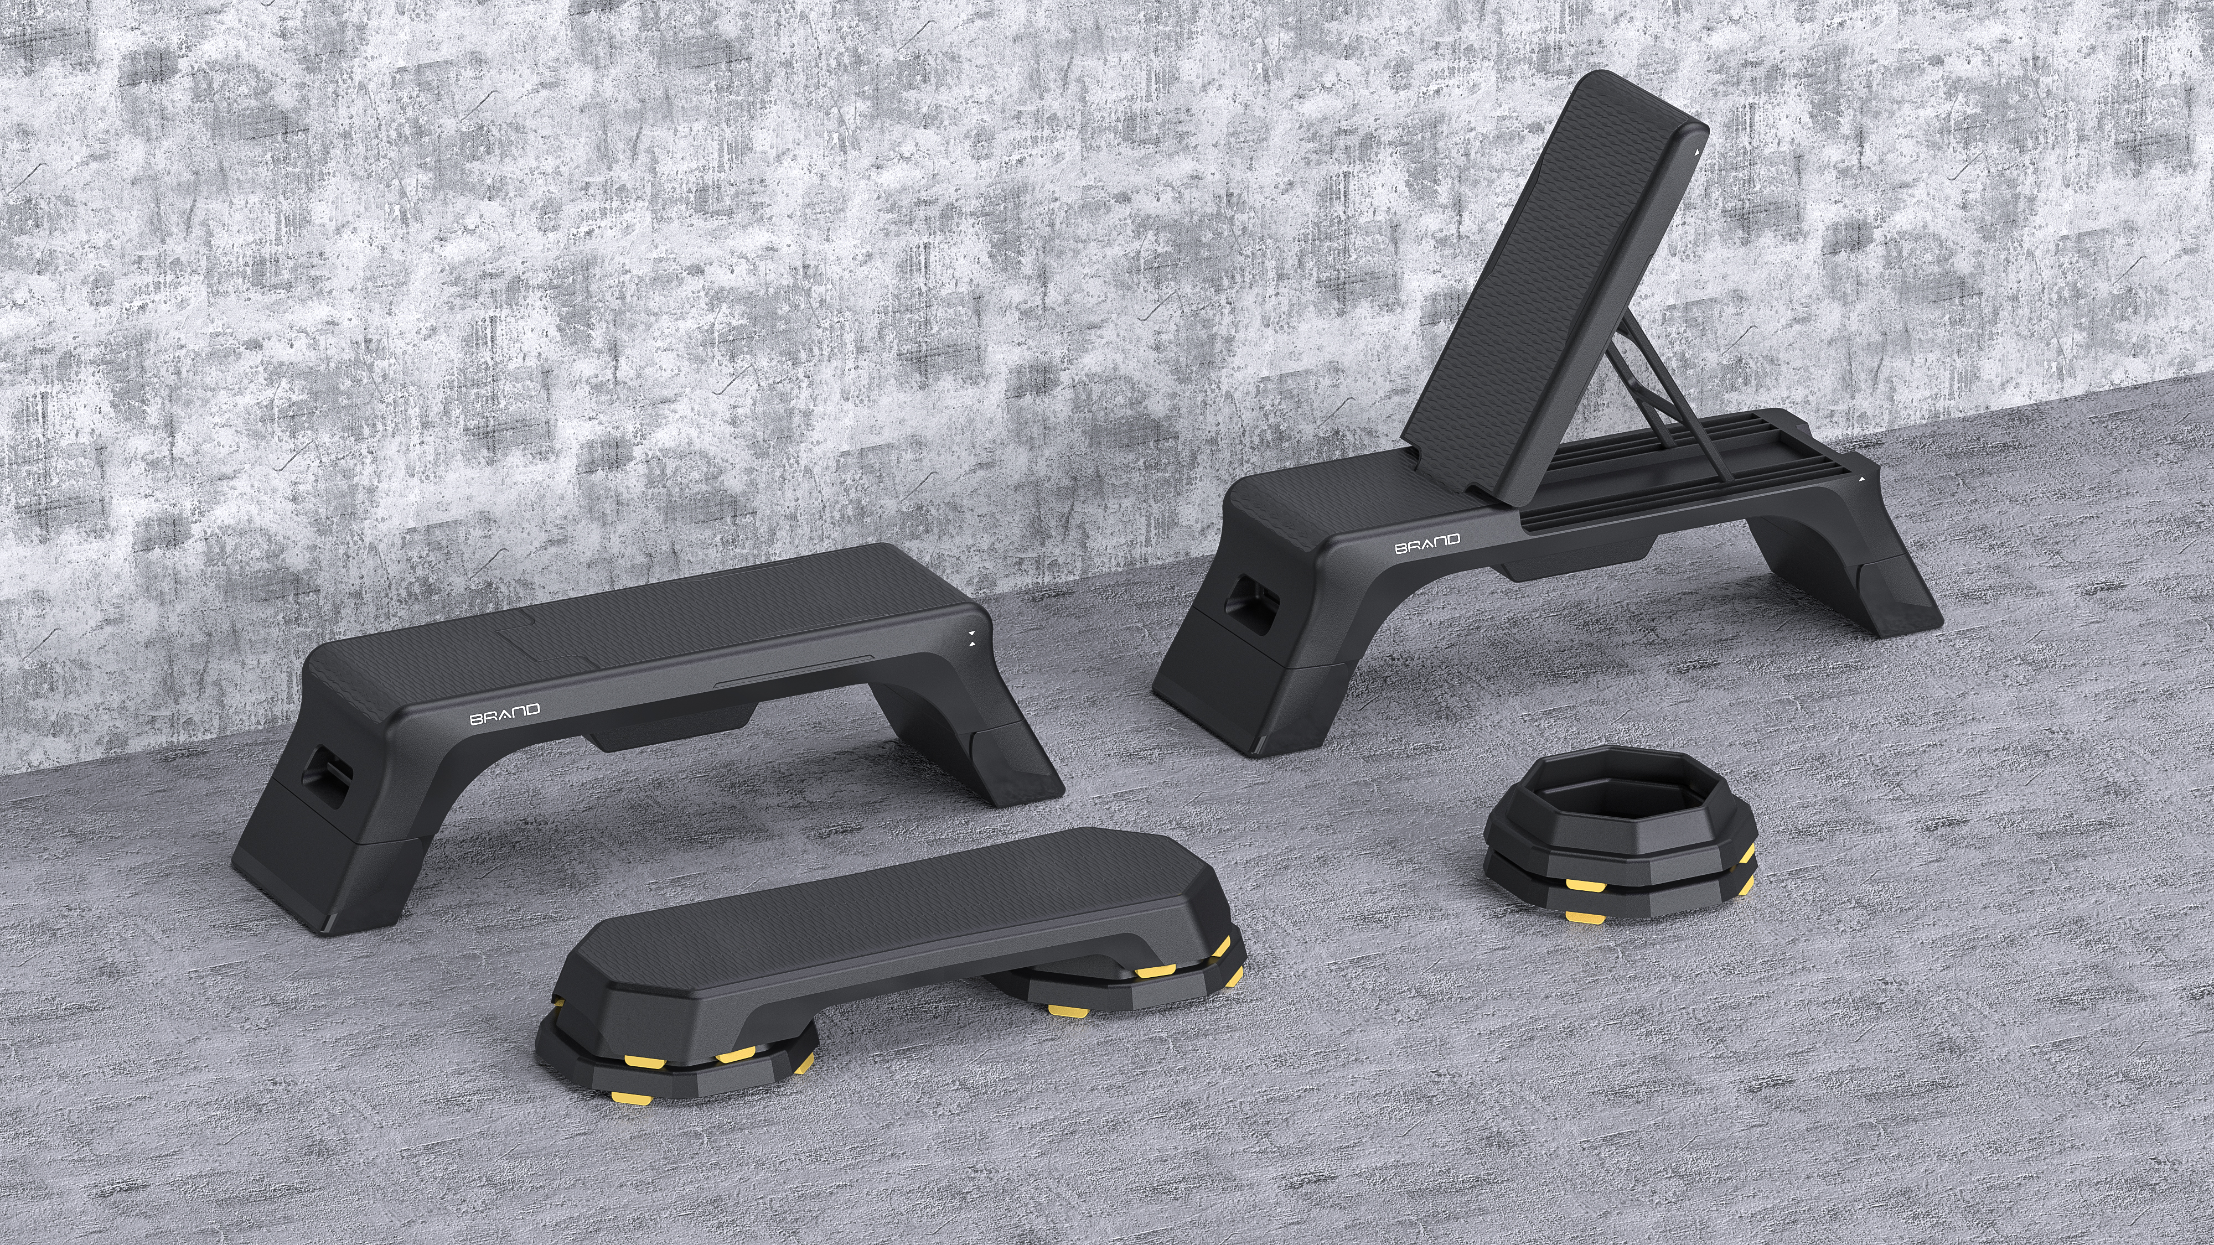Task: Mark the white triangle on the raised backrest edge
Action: (1696, 151)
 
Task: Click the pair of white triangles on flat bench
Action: (971, 637)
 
